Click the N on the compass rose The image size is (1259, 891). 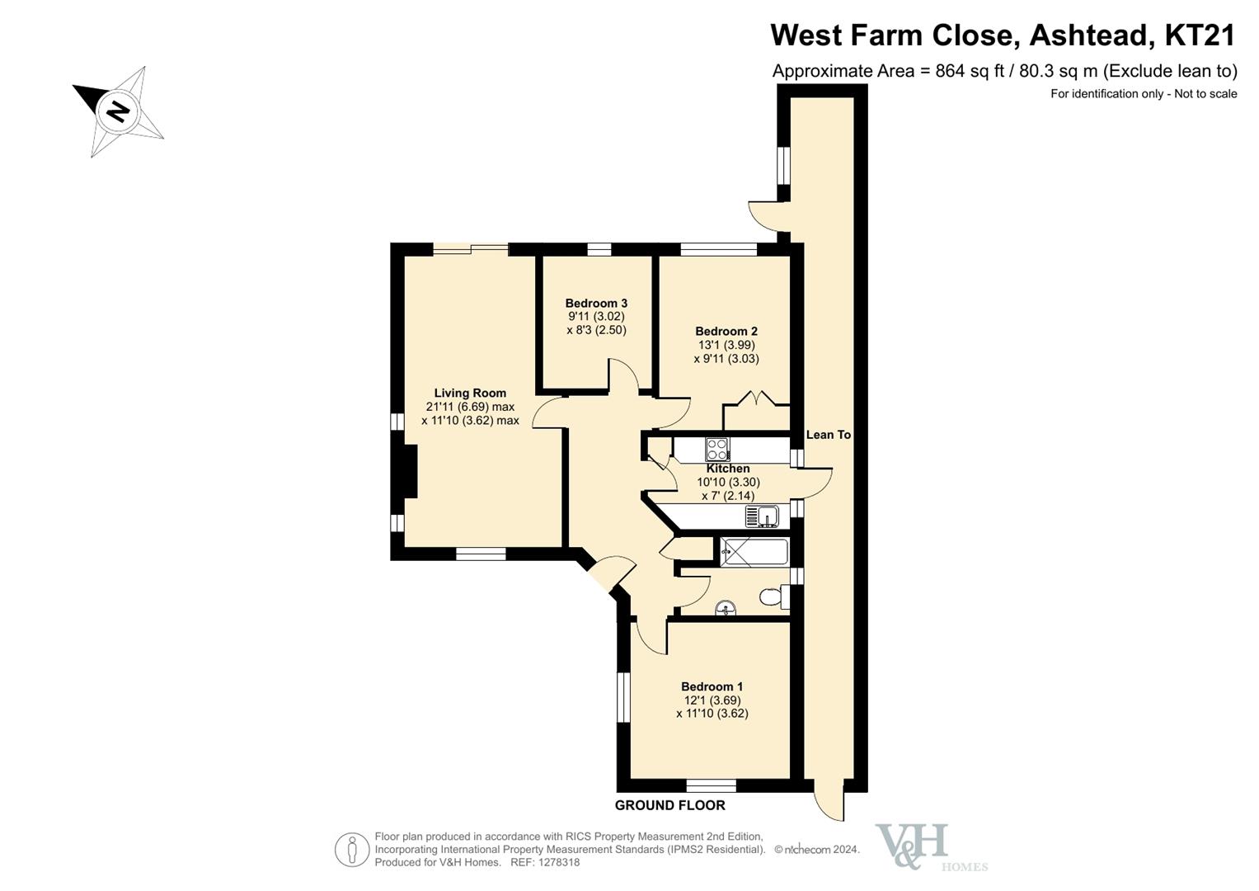(117, 111)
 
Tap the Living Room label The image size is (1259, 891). (470, 394)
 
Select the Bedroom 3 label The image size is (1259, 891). (596, 304)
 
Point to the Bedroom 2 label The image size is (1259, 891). (726, 332)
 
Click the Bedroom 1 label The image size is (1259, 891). (712, 686)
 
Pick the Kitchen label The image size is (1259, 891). (728, 469)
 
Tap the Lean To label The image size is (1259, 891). (829, 435)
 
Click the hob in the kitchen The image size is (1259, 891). (718, 450)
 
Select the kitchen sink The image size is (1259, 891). (762, 516)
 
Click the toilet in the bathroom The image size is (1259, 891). (774, 596)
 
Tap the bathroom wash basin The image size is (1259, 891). (726, 608)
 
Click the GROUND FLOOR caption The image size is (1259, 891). (670, 805)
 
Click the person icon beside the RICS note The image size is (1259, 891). (352, 850)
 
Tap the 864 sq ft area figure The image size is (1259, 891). (970, 72)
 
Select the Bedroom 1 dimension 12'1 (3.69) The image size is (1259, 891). (712, 701)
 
